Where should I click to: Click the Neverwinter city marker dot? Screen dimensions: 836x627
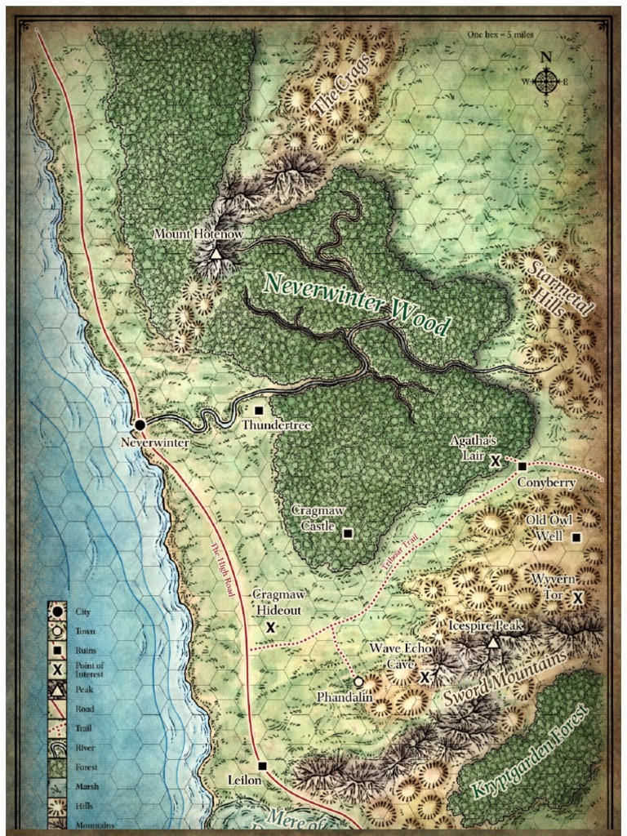(140, 425)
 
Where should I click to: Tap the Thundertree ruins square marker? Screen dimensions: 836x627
(260, 409)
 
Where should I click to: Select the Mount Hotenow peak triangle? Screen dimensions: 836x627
(216, 255)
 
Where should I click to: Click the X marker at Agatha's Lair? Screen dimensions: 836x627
(495, 461)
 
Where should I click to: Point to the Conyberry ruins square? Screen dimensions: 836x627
(522, 466)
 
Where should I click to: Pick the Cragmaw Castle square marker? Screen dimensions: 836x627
(348, 533)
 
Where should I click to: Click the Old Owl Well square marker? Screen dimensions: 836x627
(576, 537)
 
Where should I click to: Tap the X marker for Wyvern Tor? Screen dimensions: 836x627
(578, 598)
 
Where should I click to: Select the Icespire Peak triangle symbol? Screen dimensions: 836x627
(492, 643)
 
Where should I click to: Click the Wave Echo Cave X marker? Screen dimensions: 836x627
(425, 677)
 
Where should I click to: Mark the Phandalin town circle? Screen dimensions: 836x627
(358, 681)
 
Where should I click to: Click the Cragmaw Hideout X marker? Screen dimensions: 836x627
(270, 627)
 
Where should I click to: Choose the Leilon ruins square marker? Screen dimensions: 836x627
(262, 766)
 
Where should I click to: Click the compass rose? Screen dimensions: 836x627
(546, 80)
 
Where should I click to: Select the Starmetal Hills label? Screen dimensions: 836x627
(559, 290)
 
